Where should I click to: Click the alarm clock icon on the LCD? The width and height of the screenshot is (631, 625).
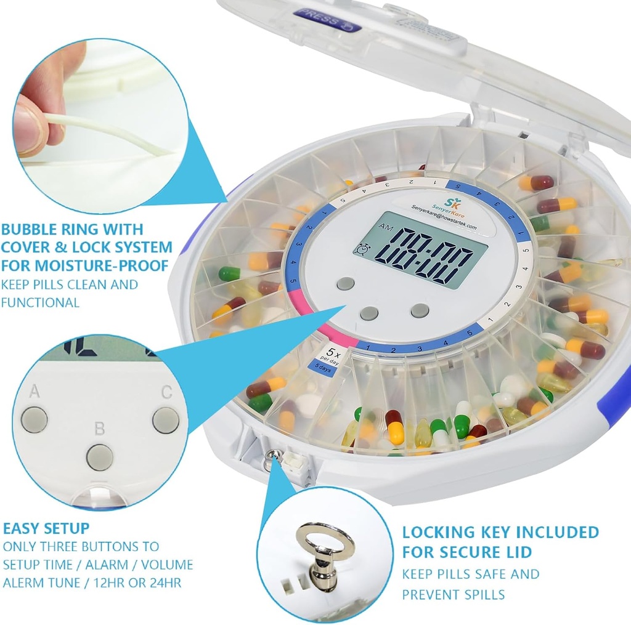point(364,249)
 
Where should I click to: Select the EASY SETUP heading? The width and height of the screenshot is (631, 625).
point(46,528)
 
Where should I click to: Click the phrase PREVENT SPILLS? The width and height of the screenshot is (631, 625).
point(454,595)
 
